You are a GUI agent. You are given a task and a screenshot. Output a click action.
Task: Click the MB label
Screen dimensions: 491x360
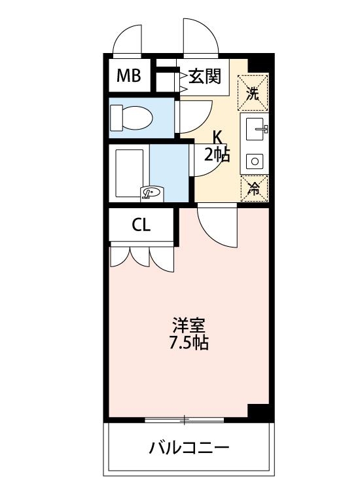(129, 76)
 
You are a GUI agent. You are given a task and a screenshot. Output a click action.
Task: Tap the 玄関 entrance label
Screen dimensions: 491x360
(205, 77)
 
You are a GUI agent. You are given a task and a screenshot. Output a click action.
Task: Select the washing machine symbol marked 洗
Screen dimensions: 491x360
(253, 92)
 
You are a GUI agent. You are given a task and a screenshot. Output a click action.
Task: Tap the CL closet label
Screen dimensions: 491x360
(141, 225)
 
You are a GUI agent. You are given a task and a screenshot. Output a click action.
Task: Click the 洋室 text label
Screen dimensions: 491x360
(190, 325)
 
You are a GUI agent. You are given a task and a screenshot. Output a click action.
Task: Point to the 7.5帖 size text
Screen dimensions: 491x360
(190, 342)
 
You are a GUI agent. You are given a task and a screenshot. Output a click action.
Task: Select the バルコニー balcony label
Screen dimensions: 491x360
(189, 448)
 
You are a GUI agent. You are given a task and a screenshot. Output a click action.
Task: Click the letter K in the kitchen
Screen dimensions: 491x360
(218, 137)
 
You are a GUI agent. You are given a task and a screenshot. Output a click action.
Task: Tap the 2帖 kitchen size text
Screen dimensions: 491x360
(217, 155)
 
